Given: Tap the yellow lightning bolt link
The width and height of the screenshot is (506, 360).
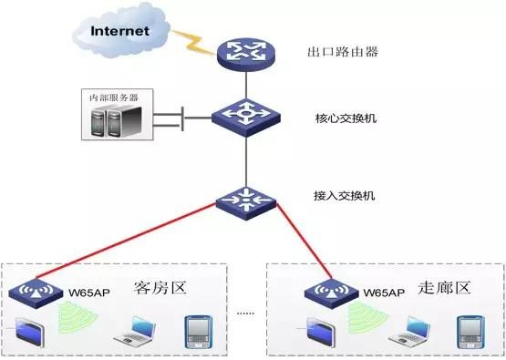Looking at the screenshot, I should click(196, 40).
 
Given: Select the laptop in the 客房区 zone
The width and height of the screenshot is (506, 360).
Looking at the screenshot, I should click(135, 333).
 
